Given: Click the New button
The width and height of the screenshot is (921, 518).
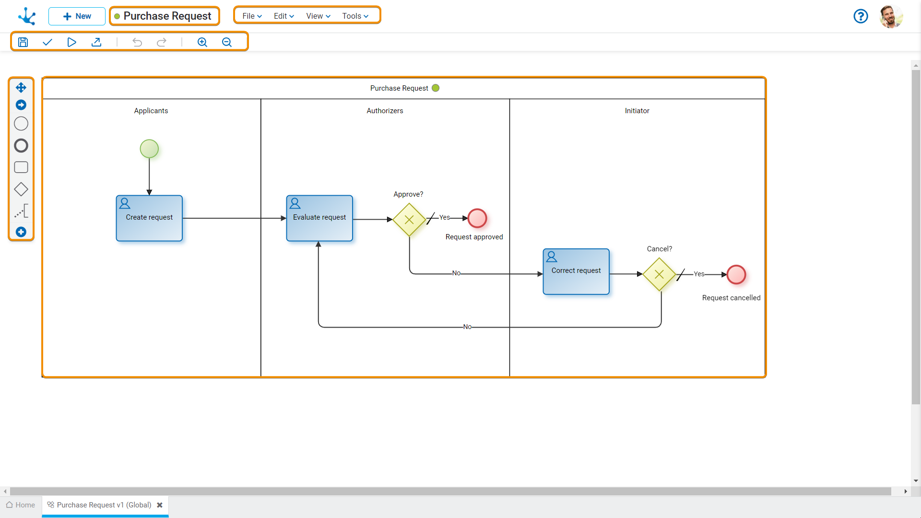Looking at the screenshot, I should coord(77,16).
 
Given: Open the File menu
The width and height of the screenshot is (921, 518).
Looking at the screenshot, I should coord(252,16).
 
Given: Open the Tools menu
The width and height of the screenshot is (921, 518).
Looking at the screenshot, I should coord(355,16).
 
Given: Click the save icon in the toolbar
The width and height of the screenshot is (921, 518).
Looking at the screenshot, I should coord(23,42).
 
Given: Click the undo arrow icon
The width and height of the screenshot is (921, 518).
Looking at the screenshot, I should coord(137,42).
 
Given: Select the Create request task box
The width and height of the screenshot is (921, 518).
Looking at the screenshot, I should coord(149,218).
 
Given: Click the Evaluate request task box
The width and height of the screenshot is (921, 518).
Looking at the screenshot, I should coord(319,218).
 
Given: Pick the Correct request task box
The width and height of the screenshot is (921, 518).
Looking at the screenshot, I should coord(576,271).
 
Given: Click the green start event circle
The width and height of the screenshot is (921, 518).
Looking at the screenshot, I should coord(149,149).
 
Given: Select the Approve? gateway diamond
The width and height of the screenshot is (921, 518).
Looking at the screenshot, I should coord(409,220).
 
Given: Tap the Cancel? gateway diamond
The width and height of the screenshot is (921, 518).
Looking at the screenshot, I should coord(659,274).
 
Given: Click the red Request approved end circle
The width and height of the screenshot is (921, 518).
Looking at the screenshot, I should coord(477,218).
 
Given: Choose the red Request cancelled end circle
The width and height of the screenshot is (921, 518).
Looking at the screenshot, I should coord(736,275).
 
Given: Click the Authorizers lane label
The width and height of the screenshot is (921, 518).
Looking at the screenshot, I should coord(385,111).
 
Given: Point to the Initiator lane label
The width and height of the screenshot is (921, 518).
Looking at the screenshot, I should coord(637,111).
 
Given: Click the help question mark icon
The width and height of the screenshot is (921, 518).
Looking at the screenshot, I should coord(861,16).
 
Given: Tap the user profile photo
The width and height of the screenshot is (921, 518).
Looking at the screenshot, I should coord(891,16).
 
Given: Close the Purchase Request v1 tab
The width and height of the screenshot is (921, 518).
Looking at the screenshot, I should coord(160,505).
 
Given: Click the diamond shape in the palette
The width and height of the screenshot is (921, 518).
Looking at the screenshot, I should coord(21,189).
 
